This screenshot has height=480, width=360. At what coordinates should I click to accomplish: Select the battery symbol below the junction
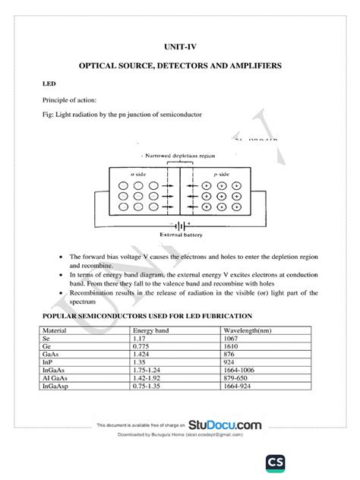coord(180,225)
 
